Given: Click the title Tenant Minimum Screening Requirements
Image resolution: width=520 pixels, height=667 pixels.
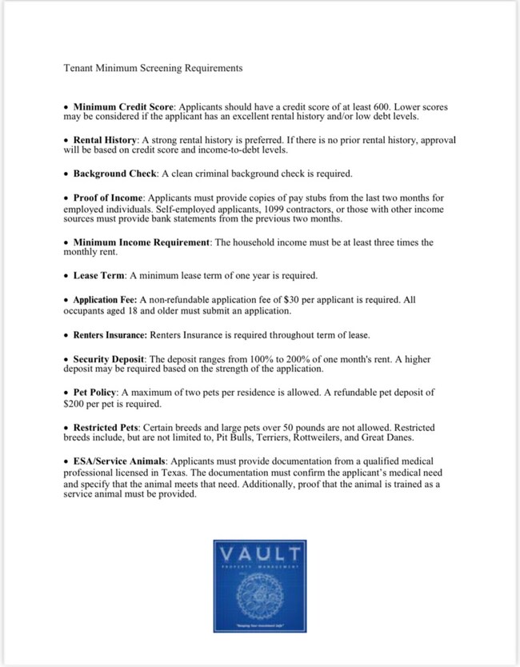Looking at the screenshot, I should (152, 69).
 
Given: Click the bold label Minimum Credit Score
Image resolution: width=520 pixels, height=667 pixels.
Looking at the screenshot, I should (124, 106).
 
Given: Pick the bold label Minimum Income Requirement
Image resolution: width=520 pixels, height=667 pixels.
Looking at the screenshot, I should (142, 242).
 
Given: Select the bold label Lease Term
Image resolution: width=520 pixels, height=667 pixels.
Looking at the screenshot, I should (99, 276).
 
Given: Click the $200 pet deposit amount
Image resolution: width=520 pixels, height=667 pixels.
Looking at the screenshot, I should (75, 405).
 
